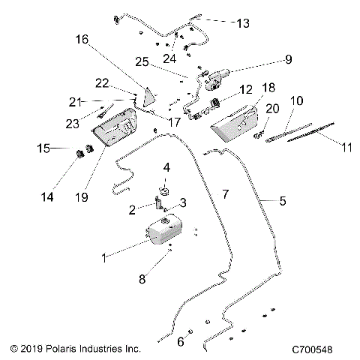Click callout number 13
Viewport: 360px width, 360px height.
(244, 23)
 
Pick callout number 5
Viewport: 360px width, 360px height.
(283, 200)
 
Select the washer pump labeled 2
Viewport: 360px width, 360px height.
(160, 203)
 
